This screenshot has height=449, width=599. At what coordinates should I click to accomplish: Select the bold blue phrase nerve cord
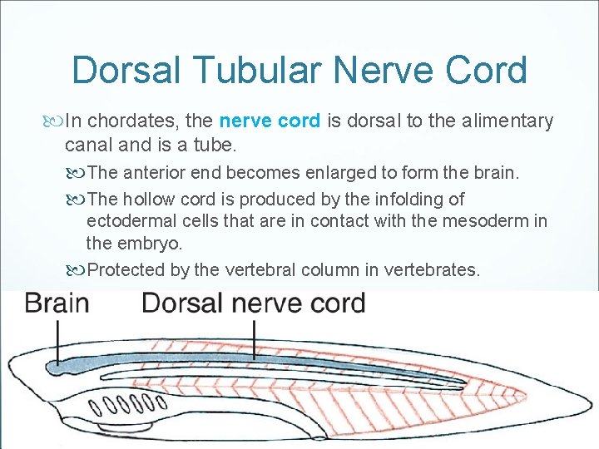[270, 121]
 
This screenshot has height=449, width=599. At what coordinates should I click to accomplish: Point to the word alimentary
[504, 121]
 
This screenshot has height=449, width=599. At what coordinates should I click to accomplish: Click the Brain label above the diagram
[57, 303]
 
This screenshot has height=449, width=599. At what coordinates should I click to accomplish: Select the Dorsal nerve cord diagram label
[254, 303]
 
